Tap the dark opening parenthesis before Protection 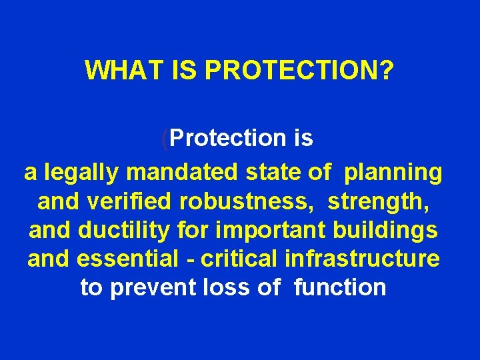[x=165, y=139]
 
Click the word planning [x=393, y=173]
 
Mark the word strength [x=383, y=201]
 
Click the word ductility [x=117, y=230]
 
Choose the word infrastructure [x=362, y=259]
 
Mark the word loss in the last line [x=234, y=287]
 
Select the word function [x=339, y=287]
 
